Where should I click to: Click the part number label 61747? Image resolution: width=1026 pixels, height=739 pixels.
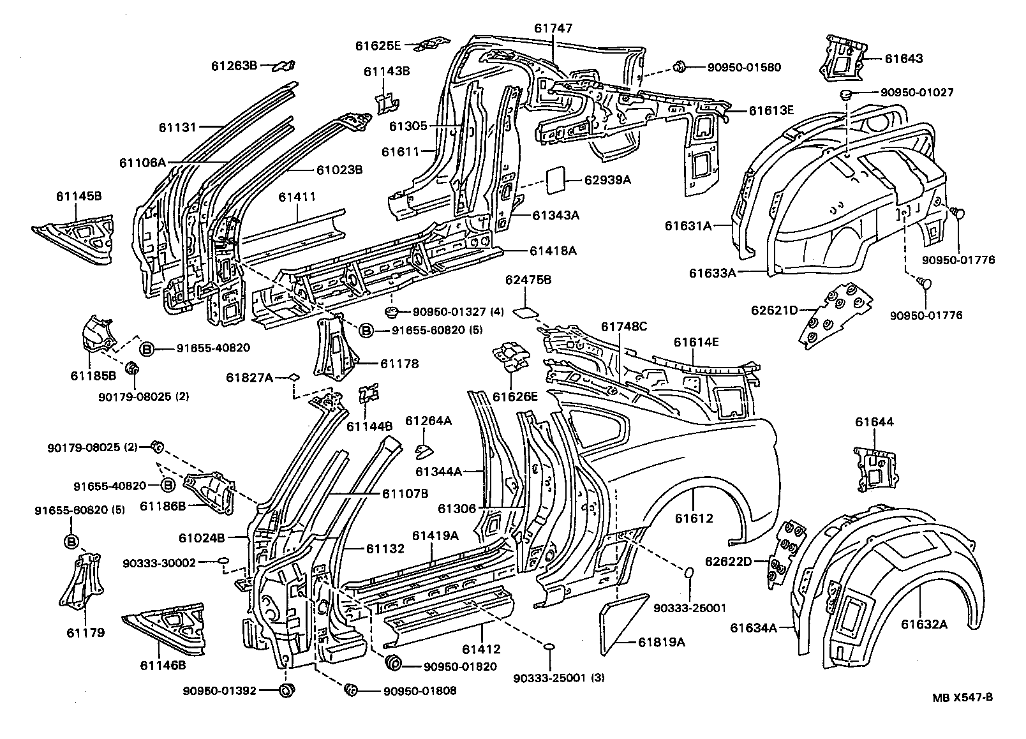553,28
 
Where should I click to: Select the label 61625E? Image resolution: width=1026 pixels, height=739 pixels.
378,45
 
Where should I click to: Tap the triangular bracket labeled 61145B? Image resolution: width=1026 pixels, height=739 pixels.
77,239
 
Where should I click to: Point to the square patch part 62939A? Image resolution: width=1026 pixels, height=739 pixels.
556,180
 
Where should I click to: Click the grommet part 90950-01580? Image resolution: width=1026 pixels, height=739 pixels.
680,66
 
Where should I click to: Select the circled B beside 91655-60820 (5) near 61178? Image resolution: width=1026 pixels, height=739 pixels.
366,330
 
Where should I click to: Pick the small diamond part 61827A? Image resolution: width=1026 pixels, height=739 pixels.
294,377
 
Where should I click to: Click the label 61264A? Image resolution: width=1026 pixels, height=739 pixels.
428,421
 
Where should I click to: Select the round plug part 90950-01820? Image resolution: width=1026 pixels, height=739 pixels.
394,662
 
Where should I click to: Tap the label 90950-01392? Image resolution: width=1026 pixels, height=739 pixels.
219,690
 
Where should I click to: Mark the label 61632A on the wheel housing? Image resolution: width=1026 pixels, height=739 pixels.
924,623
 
